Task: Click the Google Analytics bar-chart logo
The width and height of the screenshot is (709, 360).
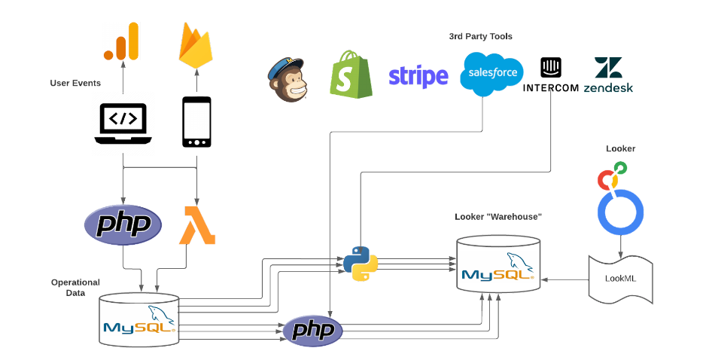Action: [122, 41]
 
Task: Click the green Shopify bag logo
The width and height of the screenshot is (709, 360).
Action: [351, 74]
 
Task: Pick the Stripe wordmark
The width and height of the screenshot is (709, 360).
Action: [418, 76]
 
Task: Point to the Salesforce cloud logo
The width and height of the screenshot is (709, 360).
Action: [493, 74]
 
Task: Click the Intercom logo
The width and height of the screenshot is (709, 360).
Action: [551, 75]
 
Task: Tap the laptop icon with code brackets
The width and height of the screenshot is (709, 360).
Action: [123, 123]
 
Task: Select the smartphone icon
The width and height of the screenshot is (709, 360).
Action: [196, 123]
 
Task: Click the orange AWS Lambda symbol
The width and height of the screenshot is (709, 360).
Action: [197, 225]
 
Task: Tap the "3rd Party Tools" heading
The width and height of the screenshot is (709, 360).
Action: [480, 36]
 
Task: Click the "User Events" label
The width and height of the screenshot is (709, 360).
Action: [75, 83]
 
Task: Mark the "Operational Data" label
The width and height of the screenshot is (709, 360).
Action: [75, 288]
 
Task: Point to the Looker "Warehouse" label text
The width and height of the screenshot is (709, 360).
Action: [498, 217]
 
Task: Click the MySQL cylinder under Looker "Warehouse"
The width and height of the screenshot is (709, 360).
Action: [499, 266]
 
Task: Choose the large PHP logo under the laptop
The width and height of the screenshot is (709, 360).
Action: [123, 224]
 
